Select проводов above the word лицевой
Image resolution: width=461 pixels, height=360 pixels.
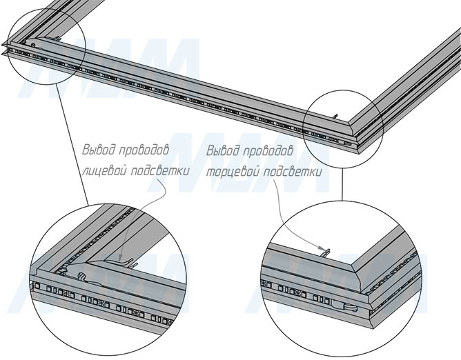point(144,150)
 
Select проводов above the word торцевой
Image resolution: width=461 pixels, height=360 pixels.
point(268,151)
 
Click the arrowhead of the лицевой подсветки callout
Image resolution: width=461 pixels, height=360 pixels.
point(121,259)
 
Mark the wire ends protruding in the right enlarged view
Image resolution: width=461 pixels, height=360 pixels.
point(326,252)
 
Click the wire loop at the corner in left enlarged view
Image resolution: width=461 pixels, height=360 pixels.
point(81,277)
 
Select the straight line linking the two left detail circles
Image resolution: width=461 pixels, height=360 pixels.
point(72,144)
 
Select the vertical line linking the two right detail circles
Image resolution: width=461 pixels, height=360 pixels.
point(342,184)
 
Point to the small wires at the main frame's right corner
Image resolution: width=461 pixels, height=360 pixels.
point(336,117)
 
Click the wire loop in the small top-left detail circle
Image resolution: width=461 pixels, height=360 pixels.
point(33,45)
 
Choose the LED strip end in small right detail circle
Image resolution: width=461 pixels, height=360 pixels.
point(348,144)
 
